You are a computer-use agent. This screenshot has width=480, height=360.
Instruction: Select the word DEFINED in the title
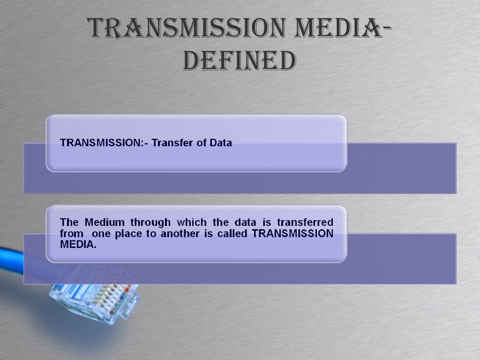coord(239,60)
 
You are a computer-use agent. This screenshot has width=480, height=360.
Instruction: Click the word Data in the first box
coord(221,143)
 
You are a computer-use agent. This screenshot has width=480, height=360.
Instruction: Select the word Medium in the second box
coord(105,222)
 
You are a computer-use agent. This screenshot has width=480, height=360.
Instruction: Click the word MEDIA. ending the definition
coord(78,244)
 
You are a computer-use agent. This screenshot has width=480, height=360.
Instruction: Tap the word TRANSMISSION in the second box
coord(292,233)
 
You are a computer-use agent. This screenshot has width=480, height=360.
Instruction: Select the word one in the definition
coord(100,233)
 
